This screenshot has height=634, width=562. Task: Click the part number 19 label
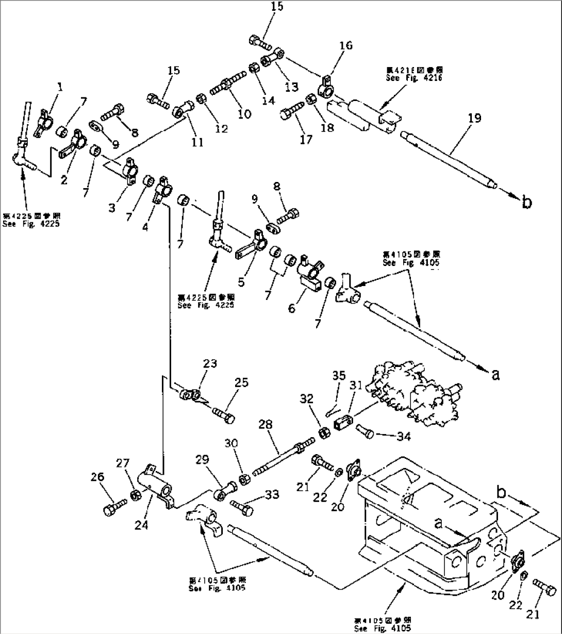point(474,118)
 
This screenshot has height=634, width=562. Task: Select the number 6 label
point(292,309)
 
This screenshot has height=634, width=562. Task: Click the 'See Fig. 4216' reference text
point(414,78)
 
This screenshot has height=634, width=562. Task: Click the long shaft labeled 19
point(449,159)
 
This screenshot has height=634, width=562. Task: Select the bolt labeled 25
point(222,415)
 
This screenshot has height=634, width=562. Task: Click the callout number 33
point(272,495)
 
